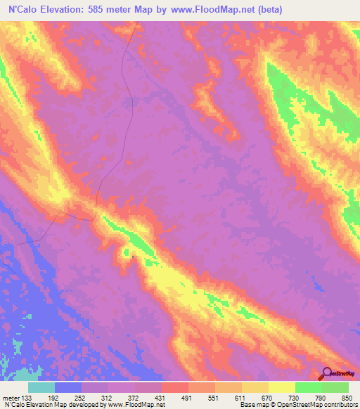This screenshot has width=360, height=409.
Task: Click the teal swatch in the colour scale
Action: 41,387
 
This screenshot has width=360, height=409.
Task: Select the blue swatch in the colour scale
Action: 68,387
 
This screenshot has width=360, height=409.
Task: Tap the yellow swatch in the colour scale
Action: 281,387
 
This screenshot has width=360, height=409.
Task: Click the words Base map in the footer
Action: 253,404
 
